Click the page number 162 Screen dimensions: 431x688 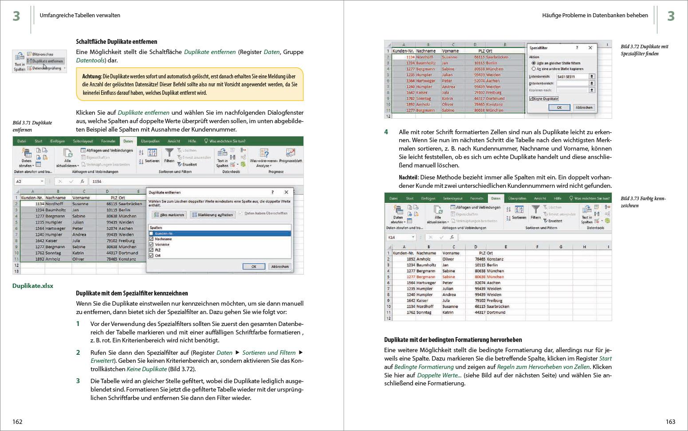coord(17,422)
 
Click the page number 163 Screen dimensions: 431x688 coord(670,422)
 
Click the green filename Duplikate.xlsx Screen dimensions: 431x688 coord(33,286)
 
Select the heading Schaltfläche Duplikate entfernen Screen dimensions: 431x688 coord(116,42)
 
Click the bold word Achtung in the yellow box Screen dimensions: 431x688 coord(91,76)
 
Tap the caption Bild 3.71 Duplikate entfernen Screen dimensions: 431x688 coord(32,126)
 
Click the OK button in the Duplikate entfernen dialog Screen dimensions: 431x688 coord(254,267)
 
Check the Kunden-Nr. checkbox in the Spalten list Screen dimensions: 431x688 coord(151,233)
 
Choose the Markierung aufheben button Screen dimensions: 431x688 coord(212,215)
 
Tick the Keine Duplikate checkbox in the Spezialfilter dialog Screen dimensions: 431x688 coord(531,99)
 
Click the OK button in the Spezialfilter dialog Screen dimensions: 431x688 coord(559,108)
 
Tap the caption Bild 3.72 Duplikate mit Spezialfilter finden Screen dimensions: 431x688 coord(644,50)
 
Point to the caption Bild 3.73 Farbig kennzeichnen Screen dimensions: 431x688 coord(643,202)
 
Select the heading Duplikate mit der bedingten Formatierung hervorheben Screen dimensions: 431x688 coord(453,340)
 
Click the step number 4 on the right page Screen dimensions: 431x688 coord(386,132)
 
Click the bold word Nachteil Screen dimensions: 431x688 coord(409,177)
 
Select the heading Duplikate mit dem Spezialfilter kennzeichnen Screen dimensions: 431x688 coord(132,293)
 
